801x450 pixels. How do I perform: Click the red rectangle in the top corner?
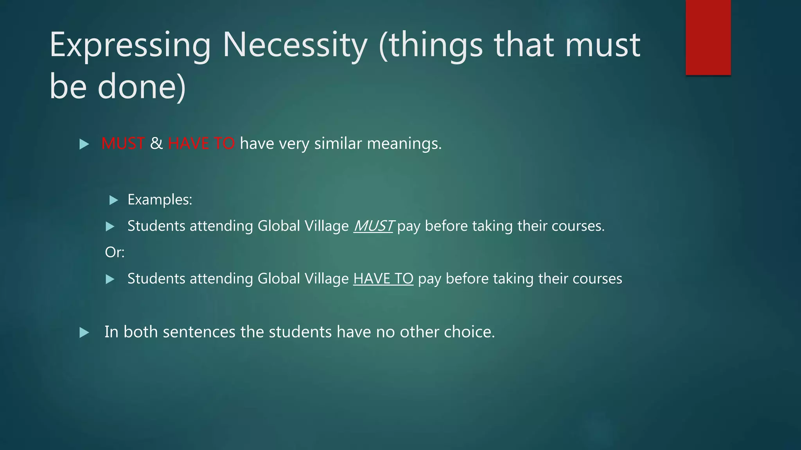click(x=708, y=37)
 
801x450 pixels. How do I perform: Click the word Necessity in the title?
click(x=295, y=45)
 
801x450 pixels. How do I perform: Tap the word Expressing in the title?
click(x=130, y=46)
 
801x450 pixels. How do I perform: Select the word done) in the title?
click(x=142, y=87)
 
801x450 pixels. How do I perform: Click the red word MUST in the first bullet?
click(x=123, y=144)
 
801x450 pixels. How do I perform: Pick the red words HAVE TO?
click(x=201, y=144)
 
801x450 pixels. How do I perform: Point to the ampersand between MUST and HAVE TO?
click(x=156, y=144)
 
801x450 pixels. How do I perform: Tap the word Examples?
click(x=160, y=200)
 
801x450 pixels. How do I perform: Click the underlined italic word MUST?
click(x=374, y=226)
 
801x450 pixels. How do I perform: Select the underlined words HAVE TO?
click(x=383, y=279)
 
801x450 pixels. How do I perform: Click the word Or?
click(x=115, y=252)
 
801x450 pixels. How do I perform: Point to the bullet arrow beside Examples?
click(x=113, y=200)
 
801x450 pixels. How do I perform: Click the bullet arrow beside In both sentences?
click(x=84, y=333)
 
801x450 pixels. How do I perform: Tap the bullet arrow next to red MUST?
click(x=84, y=144)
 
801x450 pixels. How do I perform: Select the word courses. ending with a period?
click(x=578, y=226)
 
